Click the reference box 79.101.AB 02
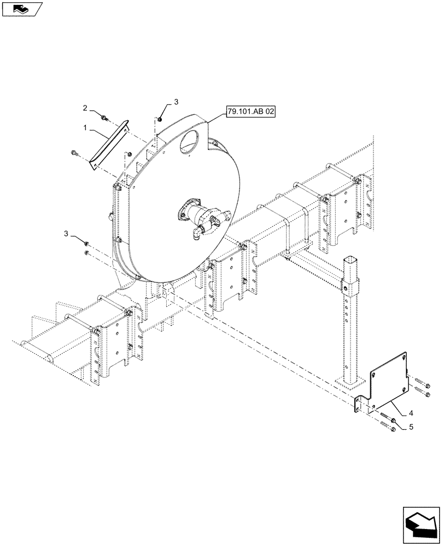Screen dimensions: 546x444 click(x=251, y=112)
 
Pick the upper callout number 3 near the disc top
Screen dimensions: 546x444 click(x=176, y=102)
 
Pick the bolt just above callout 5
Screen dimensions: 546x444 click(x=385, y=420)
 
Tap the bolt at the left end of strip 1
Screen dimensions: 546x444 click(x=75, y=153)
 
